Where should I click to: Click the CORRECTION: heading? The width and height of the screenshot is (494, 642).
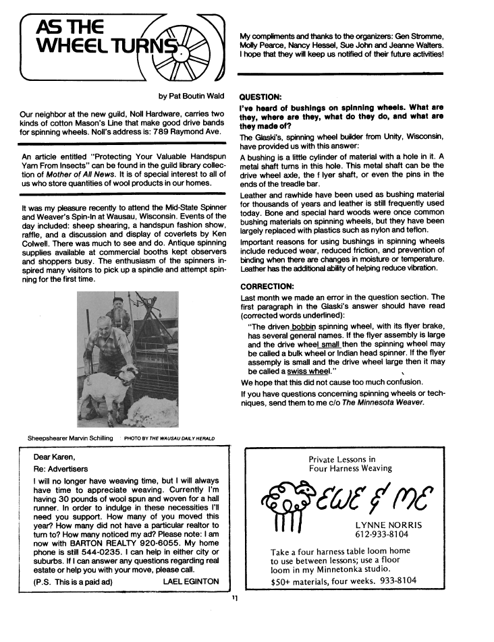(268, 286)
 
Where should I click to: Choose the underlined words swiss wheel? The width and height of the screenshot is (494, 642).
(309, 371)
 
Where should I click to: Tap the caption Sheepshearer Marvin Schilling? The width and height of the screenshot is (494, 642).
(70, 438)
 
